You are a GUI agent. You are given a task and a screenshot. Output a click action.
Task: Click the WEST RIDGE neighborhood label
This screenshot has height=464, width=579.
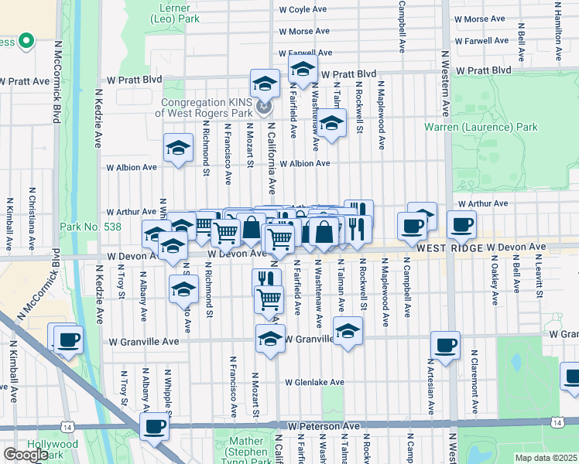tap(451, 247)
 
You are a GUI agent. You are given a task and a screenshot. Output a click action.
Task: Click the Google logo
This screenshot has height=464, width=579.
tap(25, 455)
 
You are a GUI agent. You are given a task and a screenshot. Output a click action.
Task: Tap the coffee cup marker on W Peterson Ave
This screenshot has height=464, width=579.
tap(154, 426)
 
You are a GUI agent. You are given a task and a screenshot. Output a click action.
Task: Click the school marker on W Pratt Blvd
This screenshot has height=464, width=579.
tap(303, 68)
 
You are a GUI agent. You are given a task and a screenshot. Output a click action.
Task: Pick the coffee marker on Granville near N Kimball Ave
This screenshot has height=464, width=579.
tap(67, 338)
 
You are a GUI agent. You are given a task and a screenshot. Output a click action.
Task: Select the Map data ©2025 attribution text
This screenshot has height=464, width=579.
tap(546, 458)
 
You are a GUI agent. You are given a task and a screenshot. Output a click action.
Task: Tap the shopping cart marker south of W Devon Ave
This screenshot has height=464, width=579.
tap(269, 298)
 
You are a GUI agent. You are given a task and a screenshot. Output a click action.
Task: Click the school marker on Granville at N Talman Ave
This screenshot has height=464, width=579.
tap(348, 332)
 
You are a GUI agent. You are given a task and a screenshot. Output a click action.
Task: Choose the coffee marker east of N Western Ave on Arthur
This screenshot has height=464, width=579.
tap(461, 225)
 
